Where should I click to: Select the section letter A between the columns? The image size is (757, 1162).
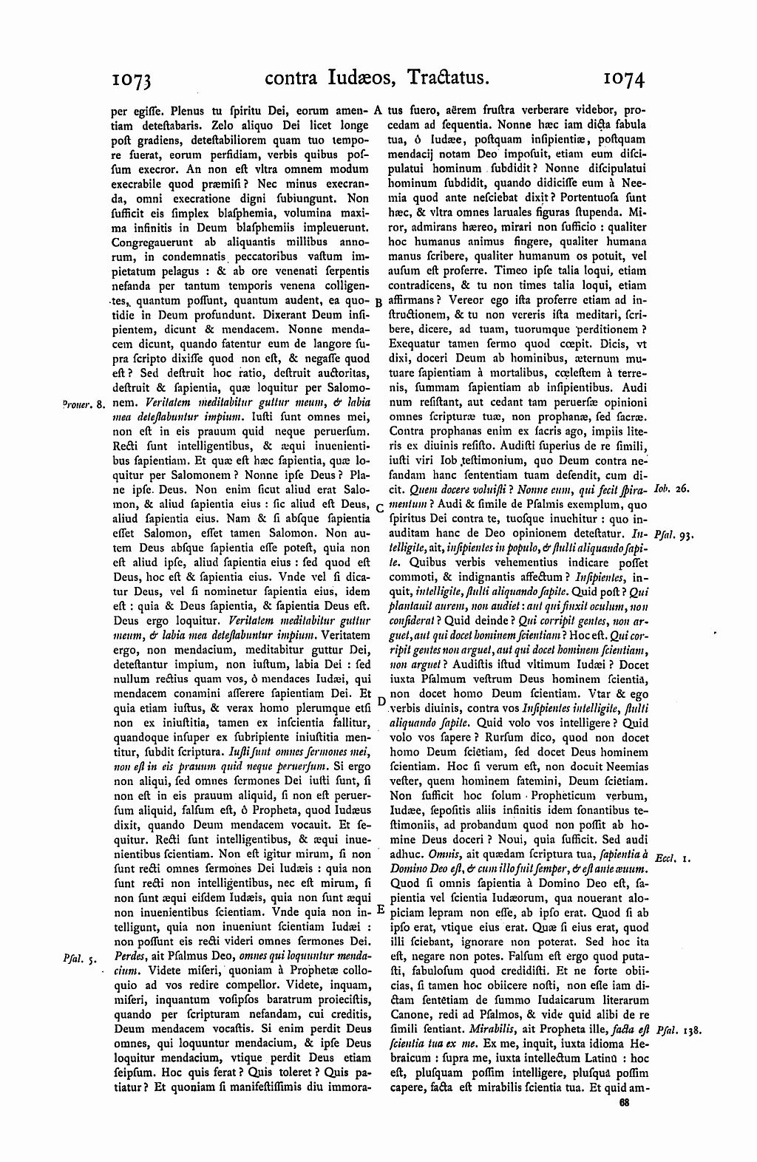tap(377, 109)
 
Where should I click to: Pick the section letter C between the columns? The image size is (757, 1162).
tap(378, 508)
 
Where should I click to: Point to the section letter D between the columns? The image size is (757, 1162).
tap(381, 700)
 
